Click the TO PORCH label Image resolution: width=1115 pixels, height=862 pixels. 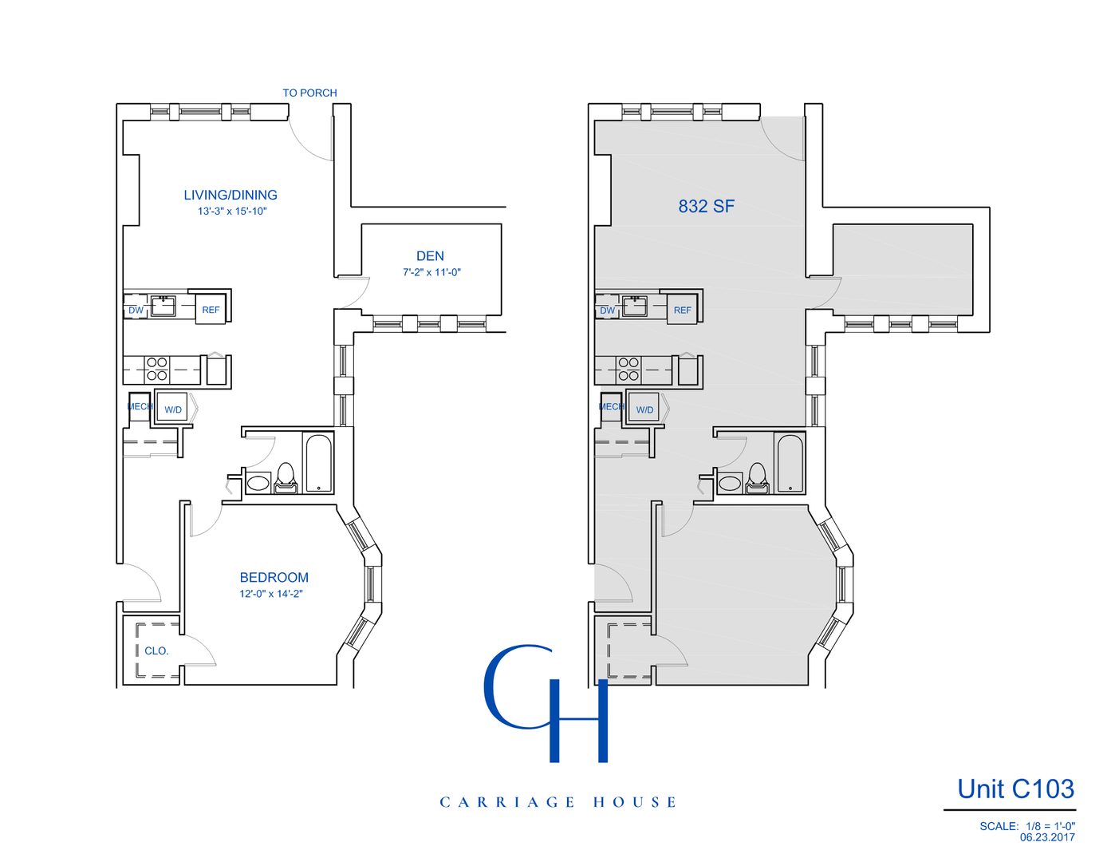click(309, 93)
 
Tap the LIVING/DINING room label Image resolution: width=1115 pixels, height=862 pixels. click(230, 195)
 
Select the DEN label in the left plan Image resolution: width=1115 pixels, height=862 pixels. click(430, 256)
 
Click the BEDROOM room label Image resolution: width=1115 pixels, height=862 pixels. click(274, 577)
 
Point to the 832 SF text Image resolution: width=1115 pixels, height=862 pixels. click(706, 206)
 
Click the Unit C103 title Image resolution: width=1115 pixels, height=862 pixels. click(1015, 789)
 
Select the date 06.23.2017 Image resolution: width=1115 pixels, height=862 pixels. click(1046, 837)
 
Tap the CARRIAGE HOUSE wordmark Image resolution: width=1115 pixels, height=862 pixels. click(557, 802)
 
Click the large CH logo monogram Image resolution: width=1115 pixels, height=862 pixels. click(546, 702)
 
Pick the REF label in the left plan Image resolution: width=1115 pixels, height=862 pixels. click(211, 310)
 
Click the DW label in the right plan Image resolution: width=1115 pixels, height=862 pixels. click(608, 310)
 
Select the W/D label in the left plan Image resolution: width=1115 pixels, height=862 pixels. click(173, 409)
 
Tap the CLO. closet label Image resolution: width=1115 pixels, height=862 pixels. click(156, 650)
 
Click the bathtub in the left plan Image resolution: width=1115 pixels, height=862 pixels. click(319, 463)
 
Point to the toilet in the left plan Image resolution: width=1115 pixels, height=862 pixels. click(286, 477)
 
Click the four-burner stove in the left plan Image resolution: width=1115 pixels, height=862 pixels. click(157, 369)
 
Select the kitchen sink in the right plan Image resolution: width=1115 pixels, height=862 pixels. click(635, 306)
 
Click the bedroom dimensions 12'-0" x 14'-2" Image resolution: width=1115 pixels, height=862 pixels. click(271, 594)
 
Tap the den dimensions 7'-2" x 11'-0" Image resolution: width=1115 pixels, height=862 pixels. click(431, 272)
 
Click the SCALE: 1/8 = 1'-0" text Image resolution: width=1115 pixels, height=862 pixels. click(1026, 826)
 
